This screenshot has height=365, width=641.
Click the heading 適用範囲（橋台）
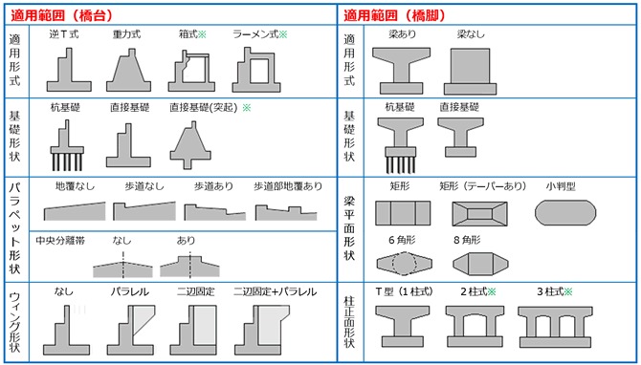61,15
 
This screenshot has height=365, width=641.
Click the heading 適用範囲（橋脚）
394,15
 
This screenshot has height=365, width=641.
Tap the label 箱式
188,34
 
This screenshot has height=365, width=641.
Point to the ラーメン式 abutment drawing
256,70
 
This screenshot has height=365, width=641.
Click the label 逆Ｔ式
64,34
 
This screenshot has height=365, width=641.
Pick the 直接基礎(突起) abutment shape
190,145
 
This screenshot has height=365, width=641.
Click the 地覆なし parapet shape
75,212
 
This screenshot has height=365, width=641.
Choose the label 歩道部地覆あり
288,186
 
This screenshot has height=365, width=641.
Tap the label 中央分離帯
60,241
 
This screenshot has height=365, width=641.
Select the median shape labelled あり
189,267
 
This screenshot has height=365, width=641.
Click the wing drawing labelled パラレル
131,331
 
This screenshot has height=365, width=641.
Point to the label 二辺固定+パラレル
276,292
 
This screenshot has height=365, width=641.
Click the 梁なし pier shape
470,72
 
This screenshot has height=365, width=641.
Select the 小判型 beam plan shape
565,213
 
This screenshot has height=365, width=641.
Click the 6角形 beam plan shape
405,264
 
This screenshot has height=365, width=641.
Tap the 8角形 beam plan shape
480,264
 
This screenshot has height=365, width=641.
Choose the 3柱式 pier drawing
555,327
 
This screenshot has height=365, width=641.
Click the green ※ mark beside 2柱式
492,292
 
